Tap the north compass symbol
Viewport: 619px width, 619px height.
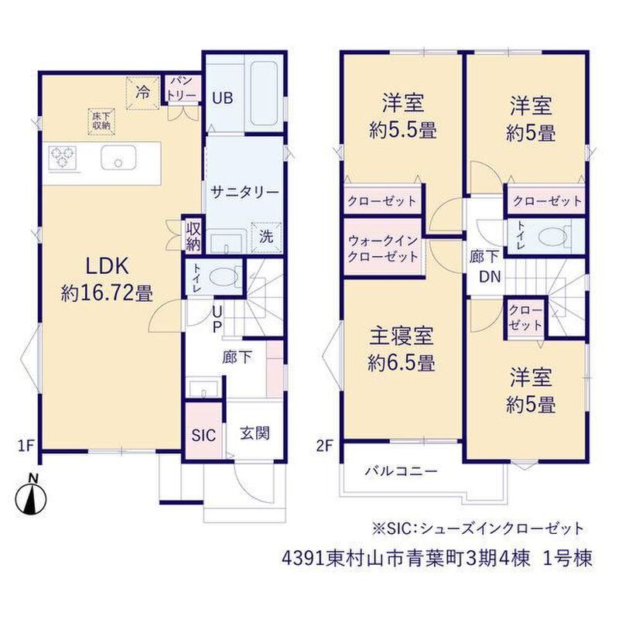tap(31, 496)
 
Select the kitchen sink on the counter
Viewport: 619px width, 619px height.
tap(118, 158)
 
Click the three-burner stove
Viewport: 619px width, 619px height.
tap(63, 158)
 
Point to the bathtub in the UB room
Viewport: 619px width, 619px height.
tap(264, 94)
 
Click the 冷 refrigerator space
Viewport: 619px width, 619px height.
tap(142, 93)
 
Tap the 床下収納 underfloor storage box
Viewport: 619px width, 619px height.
tap(101, 121)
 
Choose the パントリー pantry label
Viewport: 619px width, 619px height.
tap(182, 88)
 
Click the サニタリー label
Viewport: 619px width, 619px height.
tap(245, 192)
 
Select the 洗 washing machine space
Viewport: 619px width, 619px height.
tap(266, 237)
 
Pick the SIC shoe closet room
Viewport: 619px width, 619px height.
tap(203, 430)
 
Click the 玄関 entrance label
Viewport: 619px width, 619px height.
tap(255, 433)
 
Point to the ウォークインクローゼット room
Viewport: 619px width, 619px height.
tap(383, 248)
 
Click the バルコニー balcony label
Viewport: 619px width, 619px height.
tap(401, 471)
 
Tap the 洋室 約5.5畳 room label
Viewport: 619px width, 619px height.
tap(403, 116)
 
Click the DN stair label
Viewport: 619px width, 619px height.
tap(490, 276)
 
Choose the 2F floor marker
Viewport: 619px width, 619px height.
tap(325, 446)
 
